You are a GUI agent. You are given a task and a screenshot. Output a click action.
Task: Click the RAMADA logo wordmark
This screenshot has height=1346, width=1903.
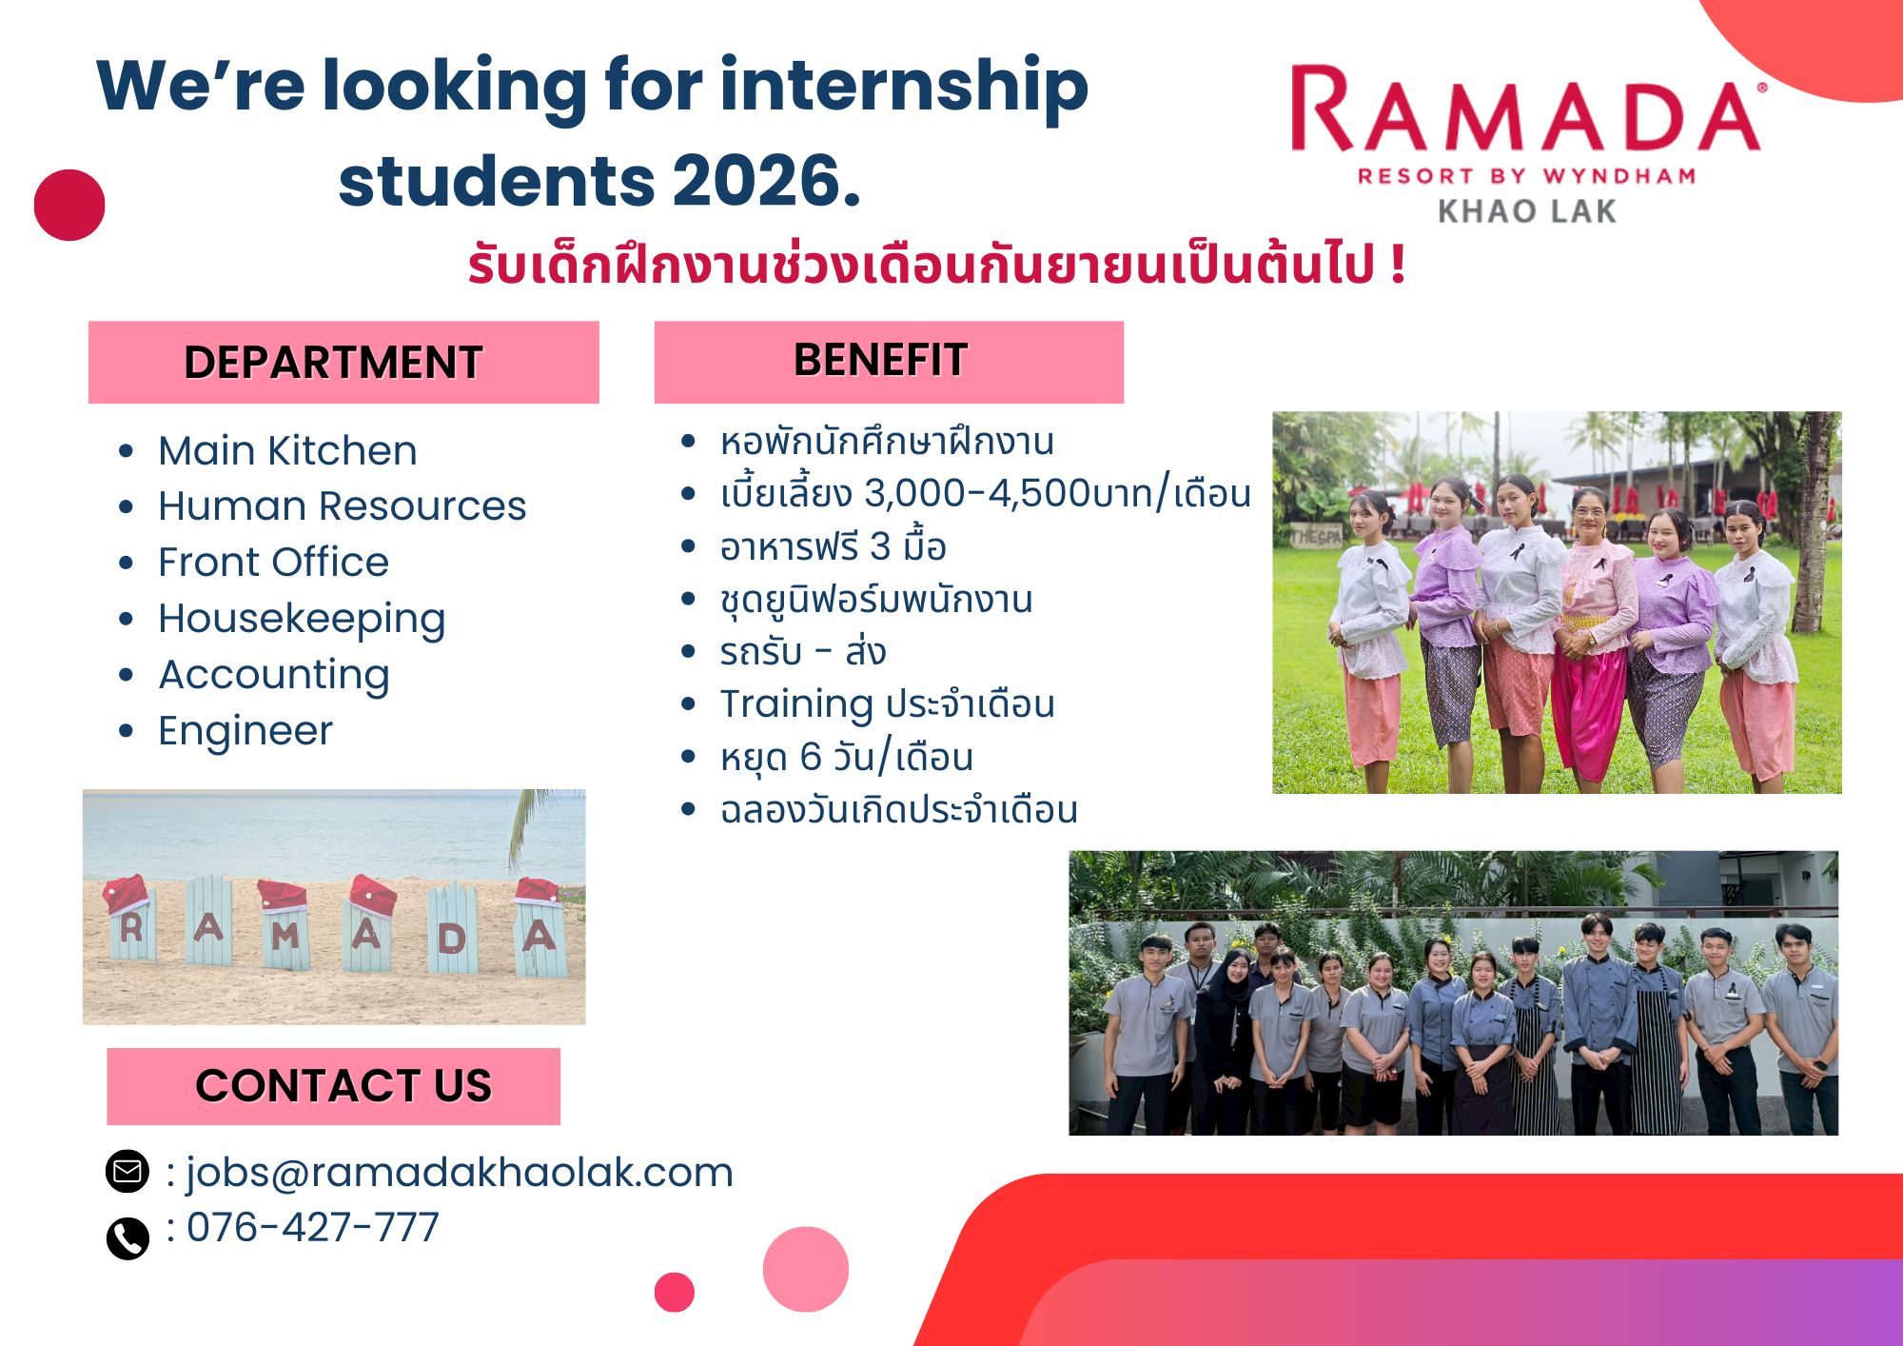click(1526, 109)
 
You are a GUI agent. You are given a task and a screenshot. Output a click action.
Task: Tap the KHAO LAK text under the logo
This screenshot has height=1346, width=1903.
click(1527, 211)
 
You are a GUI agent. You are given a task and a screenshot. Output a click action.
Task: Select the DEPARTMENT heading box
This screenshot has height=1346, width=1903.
click(343, 362)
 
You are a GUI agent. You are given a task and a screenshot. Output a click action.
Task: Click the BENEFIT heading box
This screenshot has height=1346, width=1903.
click(889, 362)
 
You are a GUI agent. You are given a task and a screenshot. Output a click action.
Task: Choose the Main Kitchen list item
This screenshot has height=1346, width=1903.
click(287, 450)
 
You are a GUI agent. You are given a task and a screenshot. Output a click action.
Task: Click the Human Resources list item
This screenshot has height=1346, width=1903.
click(342, 505)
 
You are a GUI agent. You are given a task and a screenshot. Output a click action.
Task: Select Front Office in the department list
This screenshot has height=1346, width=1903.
click(273, 562)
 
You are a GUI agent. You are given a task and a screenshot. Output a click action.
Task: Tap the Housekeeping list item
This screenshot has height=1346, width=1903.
click(302, 620)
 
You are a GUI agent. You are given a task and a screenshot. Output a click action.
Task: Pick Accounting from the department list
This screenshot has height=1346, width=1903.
click(274, 676)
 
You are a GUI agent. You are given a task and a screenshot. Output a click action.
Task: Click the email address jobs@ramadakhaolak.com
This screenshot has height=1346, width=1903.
click(460, 1173)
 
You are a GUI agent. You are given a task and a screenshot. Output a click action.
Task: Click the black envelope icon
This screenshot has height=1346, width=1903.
click(127, 1171)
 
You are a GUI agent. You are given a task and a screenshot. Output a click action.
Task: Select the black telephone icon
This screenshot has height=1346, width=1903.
click(128, 1238)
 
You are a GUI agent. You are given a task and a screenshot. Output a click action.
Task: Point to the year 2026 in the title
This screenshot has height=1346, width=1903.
click(766, 181)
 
